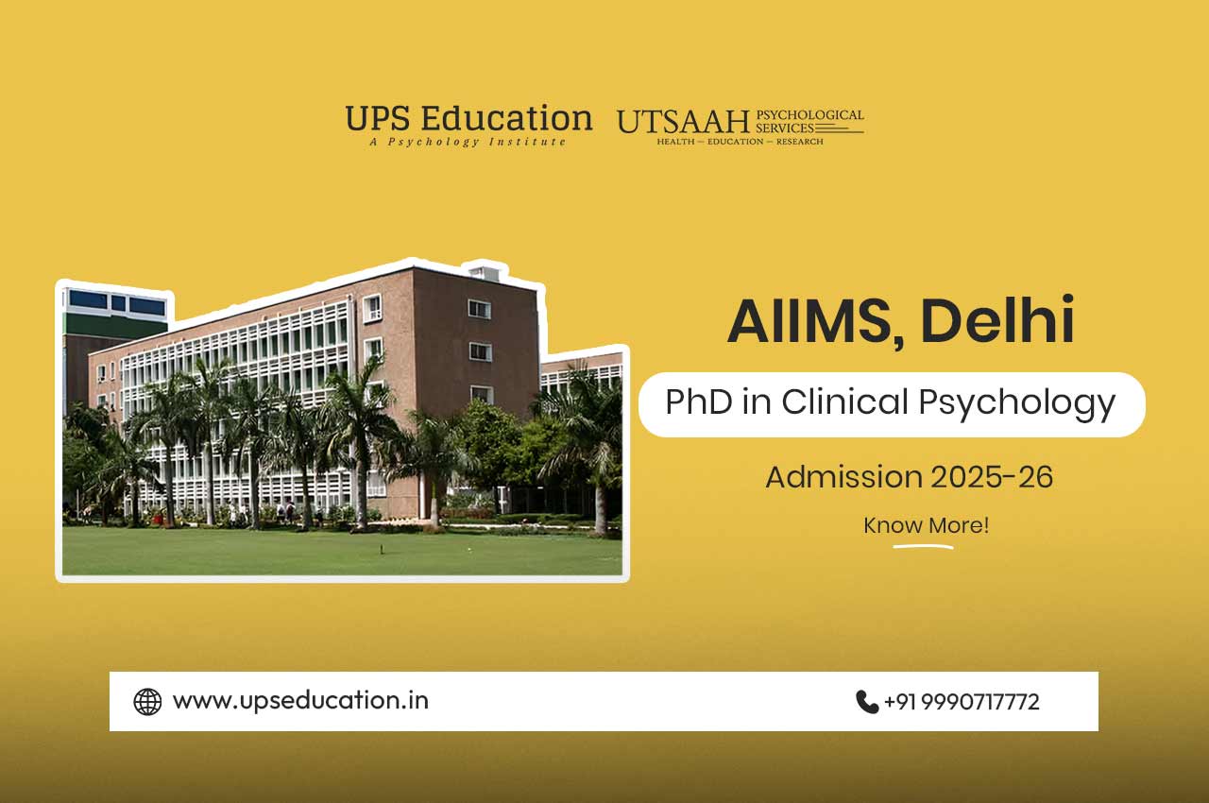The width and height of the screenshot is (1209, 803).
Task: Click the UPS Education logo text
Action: pyautogui.click(x=468, y=118)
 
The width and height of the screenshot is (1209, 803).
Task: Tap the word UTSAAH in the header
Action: pyautogui.click(x=683, y=122)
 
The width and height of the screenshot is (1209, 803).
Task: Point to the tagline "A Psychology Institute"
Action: pyautogui.click(x=468, y=142)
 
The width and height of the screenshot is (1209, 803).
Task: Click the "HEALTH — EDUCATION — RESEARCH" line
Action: pyautogui.click(x=740, y=142)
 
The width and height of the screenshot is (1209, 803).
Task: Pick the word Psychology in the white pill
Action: pyautogui.click(x=1017, y=404)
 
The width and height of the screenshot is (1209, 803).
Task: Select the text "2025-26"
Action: pyautogui.click(x=992, y=477)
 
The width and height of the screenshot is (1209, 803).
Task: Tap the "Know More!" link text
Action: pyautogui.click(x=926, y=525)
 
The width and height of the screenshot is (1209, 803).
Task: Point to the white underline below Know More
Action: pyautogui.click(x=923, y=547)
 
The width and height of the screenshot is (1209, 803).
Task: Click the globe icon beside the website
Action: pyautogui.click(x=147, y=702)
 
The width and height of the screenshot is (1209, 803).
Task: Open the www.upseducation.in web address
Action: pyautogui.click(x=300, y=701)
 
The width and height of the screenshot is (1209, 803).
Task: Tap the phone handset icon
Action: pyautogui.click(x=867, y=702)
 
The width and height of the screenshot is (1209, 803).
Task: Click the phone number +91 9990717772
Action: pyautogui.click(x=962, y=702)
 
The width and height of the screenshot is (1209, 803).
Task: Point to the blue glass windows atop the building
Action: pyautogui.click(x=117, y=302)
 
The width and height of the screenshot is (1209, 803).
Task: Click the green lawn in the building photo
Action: pyautogui.click(x=342, y=552)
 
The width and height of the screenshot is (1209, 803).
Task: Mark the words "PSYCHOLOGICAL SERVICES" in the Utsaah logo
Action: pyautogui.click(x=809, y=122)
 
